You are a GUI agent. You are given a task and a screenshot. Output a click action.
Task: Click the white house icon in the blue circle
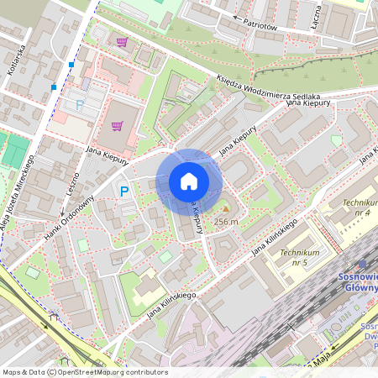pyautogui.click(x=189, y=181)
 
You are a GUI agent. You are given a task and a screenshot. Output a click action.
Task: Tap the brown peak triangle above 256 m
pyautogui.click(x=224, y=208)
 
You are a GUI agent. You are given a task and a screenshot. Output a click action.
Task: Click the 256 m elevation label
pyautogui.click(x=226, y=222)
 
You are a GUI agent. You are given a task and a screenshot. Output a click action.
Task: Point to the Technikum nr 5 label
pyautogui.click(x=300, y=257)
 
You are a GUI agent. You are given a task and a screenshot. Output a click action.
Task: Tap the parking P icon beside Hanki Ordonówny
pyautogui.click(x=124, y=192)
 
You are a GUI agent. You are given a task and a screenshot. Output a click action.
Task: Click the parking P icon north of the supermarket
pyautogui.click(x=81, y=105)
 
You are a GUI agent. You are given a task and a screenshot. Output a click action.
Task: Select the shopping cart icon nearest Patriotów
pyautogui.click(x=123, y=41)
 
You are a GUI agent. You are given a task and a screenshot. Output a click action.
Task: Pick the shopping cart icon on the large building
pyautogui.click(x=117, y=126)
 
